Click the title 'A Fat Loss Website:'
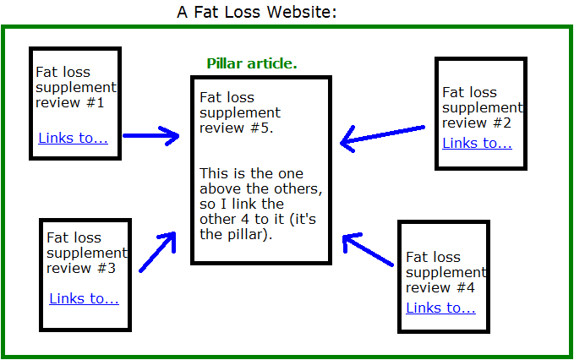click(x=257, y=12)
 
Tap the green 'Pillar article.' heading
click(x=252, y=63)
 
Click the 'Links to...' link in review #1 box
click(x=74, y=138)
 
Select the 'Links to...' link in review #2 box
click(x=477, y=143)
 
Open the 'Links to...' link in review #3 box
click(x=85, y=298)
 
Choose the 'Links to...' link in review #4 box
click(x=440, y=308)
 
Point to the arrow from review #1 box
click(x=151, y=136)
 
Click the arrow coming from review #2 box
click(x=383, y=139)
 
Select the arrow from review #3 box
click(x=158, y=252)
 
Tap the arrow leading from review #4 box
click(x=368, y=250)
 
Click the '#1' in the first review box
click(x=96, y=103)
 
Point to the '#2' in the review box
click(x=502, y=123)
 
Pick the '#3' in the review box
click(x=107, y=268)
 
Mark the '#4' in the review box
click(x=466, y=287)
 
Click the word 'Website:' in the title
click(x=302, y=12)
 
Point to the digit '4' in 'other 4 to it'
click(x=245, y=219)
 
